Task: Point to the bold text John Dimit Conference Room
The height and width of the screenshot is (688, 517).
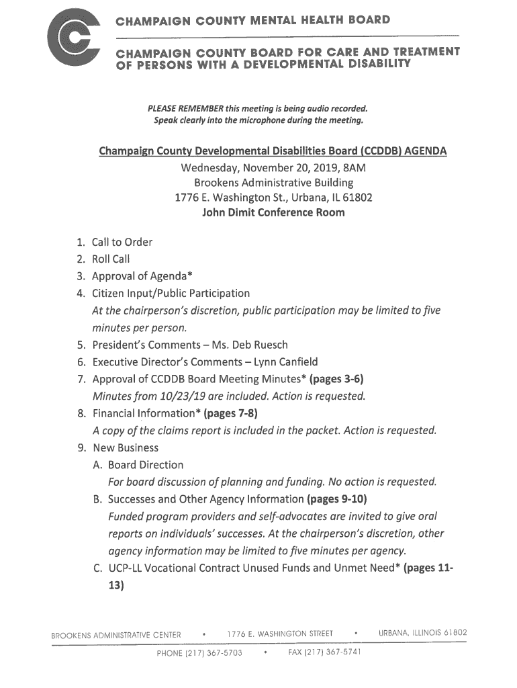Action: [273, 213]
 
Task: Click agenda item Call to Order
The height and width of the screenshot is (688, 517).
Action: [122, 242]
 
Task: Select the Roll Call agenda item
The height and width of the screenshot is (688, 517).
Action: [111, 259]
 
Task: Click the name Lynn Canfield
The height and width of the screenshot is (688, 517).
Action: [283, 362]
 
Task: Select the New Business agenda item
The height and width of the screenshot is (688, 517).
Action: [125, 447]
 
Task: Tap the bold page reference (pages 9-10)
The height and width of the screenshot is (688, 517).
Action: [337, 499]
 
